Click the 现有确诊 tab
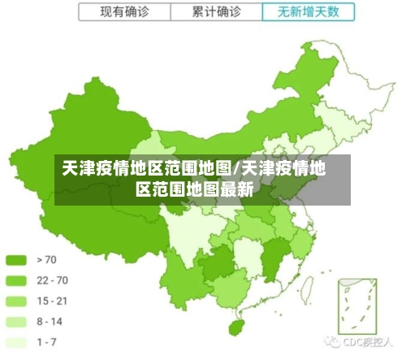point(125,11)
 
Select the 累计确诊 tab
point(217,11)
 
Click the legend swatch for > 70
point(16,261)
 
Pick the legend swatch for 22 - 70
point(16,281)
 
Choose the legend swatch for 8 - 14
point(16,322)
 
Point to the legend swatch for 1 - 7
point(16,342)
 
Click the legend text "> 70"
point(45,261)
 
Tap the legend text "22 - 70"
point(51,281)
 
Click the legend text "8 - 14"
point(49,322)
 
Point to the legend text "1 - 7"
point(46,342)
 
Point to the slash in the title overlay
point(235,169)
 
